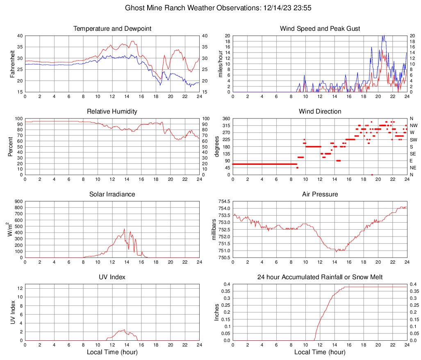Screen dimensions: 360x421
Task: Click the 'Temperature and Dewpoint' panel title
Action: [x=112, y=29]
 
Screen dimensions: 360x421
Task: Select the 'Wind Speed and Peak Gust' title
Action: [x=320, y=29]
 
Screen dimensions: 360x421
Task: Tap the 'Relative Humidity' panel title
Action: [x=112, y=112]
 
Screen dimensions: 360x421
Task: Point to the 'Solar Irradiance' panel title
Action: [x=112, y=194]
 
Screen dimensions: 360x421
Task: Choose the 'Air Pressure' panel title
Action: [x=320, y=194]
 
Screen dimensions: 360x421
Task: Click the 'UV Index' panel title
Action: [x=112, y=277]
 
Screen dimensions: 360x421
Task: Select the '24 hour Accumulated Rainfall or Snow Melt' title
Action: [x=320, y=277]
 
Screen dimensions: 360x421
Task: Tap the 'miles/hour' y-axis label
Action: [x=220, y=64]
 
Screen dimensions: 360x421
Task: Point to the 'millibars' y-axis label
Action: [x=214, y=230]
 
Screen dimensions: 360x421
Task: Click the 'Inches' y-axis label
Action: [x=217, y=312]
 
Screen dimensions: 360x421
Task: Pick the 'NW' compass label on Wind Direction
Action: [x=413, y=125]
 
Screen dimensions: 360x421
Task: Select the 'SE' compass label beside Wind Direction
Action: [x=413, y=154]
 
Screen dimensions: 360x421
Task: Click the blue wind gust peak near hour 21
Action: [x=383, y=36]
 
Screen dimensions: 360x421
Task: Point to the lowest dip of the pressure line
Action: [x=336, y=251]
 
